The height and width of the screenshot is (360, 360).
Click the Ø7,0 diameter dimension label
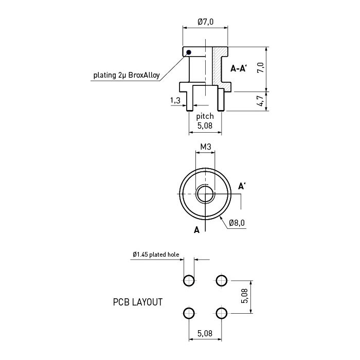pos(206,22)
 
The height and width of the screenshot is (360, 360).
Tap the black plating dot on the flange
pos(189,52)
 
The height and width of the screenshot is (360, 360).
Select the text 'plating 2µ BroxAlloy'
pos(127,75)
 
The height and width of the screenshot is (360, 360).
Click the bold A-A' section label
pos(239,68)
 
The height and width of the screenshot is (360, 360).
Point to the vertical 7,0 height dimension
pos(261,68)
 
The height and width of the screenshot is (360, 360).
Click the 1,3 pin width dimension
pos(175,100)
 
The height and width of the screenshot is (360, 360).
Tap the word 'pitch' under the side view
pos(205,116)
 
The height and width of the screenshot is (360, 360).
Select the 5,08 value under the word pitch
pos(205,126)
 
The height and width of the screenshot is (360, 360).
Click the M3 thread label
pos(206,147)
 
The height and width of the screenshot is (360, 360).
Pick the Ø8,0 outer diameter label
pos(237,223)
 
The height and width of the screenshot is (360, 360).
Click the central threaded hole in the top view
pos(205,194)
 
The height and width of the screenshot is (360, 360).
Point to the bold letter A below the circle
pos(197,230)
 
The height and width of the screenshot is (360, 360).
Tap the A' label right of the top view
pos(242,186)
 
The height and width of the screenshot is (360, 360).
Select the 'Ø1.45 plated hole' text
pos(156,255)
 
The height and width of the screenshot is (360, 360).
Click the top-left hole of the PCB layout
pos(189,281)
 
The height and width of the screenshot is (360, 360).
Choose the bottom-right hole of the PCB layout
pos(222,313)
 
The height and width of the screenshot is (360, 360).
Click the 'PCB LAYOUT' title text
pos(138,302)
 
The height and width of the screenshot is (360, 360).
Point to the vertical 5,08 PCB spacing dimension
pos(245,296)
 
